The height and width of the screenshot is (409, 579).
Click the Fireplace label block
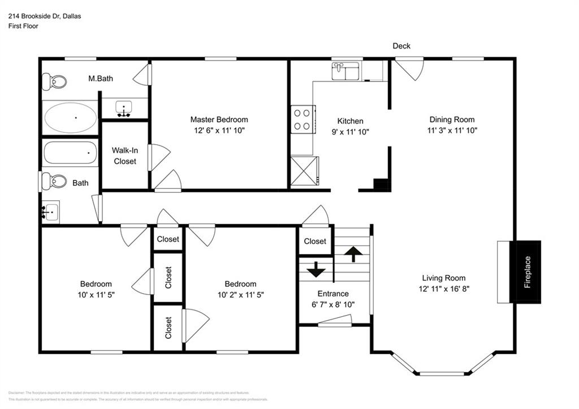pyautogui.click(x=525, y=272)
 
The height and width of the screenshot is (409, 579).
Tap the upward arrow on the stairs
pyautogui.click(x=353, y=254)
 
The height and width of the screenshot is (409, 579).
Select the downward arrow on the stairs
pyautogui.click(x=315, y=269)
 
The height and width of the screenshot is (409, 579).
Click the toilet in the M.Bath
pyautogui.click(x=55, y=82)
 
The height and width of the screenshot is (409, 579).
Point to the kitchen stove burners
pyautogui.click(x=302, y=119)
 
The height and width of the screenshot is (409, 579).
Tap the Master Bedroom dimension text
pyautogui.click(x=219, y=130)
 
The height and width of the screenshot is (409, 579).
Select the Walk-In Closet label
pyautogui.click(x=124, y=156)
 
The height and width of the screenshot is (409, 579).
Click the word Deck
pyautogui.click(x=401, y=46)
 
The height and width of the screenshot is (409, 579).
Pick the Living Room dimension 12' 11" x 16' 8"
pyautogui.click(x=444, y=288)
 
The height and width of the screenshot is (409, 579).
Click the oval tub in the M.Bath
pyautogui.click(x=70, y=118)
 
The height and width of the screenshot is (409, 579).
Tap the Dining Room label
pyautogui.click(x=452, y=119)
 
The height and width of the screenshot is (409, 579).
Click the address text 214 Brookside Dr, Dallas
pyautogui.click(x=45, y=16)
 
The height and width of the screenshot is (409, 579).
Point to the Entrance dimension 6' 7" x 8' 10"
pyautogui.click(x=332, y=304)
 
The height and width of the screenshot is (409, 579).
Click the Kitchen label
pyautogui.click(x=350, y=121)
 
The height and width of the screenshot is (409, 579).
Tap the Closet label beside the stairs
pyautogui.click(x=315, y=241)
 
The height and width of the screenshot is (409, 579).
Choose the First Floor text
pyautogui.click(x=23, y=26)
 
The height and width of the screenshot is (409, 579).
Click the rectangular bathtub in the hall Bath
pyautogui.click(x=70, y=152)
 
